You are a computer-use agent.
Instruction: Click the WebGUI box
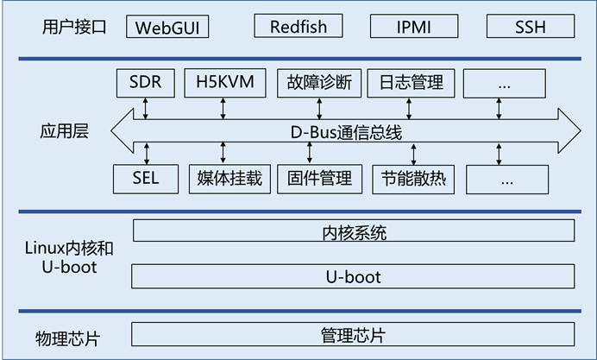[x=167, y=27]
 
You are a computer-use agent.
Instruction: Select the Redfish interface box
[x=298, y=26]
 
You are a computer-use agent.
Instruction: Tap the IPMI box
[x=414, y=26]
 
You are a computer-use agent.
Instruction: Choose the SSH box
[x=531, y=26]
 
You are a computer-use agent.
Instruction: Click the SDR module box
[x=146, y=83]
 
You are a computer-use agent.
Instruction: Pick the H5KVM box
[x=225, y=83]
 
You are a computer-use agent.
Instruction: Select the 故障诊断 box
[x=319, y=83]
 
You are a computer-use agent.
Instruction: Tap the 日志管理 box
[x=412, y=83]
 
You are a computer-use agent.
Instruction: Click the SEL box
[x=146, y=179]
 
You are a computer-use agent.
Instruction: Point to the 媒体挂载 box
[x=230, y=179]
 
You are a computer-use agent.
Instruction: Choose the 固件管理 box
[x=320, y=179]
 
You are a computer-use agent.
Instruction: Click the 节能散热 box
[x=413, y=180]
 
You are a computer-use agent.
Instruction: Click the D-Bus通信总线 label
[x=346, y=133]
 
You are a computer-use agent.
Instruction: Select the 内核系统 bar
[x=354, y=231]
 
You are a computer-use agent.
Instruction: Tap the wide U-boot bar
[x=354, y=276]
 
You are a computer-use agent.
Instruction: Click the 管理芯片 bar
[x=354, y=334]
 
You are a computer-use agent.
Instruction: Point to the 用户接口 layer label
[x=74, y=27]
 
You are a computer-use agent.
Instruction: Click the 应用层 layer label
[x=65, y=131]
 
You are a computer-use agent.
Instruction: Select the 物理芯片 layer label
[x=68, y=338]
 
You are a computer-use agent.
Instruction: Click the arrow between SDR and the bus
[x=146, y=109]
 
